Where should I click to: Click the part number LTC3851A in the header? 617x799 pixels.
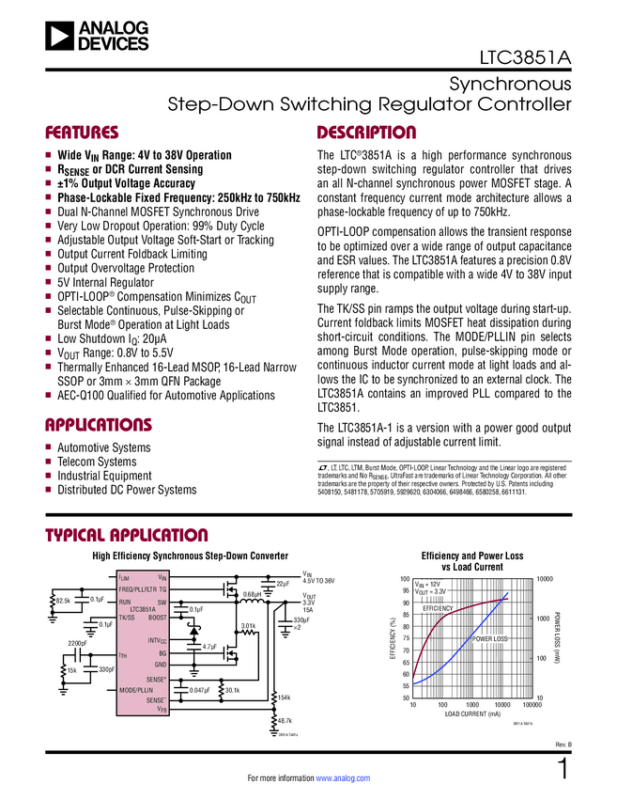pyautogui.click(x=526, y=55)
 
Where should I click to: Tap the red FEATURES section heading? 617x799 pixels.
pyautogui.click(x=82, y=133)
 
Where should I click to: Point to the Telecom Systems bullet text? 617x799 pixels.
pyautogui.click(x=97, y=462)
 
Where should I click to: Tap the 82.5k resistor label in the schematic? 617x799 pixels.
pyautogui.click(x=63, y=599)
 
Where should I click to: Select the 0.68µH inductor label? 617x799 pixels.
pyautogui.click(x=252, y=594)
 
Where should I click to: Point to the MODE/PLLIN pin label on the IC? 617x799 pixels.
pyautogui.click(x=136, y=690)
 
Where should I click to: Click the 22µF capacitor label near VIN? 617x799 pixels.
pyautogui.click(x=282, y=584)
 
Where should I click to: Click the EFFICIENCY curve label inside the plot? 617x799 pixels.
pyautogui.click(x=438, y=609)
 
